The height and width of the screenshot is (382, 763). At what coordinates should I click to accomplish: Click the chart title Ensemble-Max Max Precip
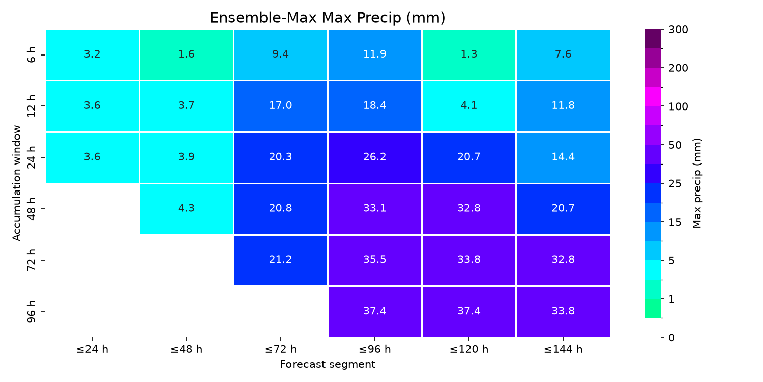[328, 18]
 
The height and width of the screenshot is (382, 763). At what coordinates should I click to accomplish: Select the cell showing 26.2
[375, 157]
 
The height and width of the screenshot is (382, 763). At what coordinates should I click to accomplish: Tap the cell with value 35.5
[375, 260]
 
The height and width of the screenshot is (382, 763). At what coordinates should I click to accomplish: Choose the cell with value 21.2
[280, 260]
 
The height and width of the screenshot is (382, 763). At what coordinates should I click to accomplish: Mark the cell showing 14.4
[563, 157]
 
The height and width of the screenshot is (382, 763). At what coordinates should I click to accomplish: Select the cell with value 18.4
[375, 106]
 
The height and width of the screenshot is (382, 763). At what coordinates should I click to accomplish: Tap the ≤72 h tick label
[280, 349]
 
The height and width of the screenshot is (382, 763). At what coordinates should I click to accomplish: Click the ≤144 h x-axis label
[563, 349]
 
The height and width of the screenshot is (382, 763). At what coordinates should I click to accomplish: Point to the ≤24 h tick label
[92, 349]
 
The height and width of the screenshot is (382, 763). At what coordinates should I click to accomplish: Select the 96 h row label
[32, 311]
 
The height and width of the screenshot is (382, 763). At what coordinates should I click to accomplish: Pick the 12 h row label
[32, 106]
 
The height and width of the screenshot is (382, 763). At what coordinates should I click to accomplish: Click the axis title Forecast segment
[328, 365]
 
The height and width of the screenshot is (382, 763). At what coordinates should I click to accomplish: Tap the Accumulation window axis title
[16, 183]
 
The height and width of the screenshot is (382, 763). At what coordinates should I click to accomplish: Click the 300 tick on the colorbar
[678, 30]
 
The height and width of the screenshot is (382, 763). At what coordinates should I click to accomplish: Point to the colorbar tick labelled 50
[675, 145]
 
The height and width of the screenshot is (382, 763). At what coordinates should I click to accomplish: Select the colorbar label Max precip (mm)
[697, 183]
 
